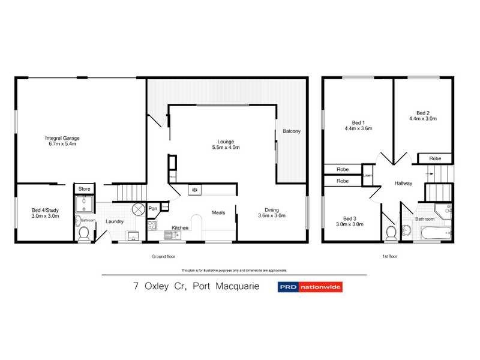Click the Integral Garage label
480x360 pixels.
pos(62,138)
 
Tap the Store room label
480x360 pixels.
pos(85,189)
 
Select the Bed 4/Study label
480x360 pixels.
pos(46,210)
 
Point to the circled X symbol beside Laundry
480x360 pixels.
pos(138,209)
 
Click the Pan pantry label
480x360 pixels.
pos(153,208)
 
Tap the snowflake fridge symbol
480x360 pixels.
pos(194,190)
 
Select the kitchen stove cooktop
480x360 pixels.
pos(152,226)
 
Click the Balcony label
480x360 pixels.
pos(292,131)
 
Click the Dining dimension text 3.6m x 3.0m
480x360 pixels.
pos(272,215)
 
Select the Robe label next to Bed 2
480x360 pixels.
pos(436,158)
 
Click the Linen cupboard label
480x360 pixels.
pos(368,176)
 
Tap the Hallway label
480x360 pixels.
pos(403,183)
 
